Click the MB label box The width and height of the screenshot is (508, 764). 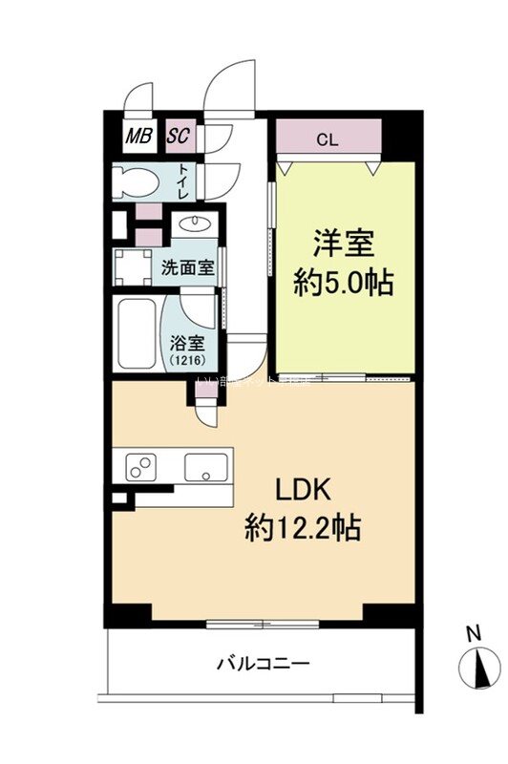tap(139, 137)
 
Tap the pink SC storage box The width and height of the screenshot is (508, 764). tap(178, 137)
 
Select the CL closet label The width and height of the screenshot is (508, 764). tap(328, 139)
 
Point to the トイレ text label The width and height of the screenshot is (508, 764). tap(183, 181)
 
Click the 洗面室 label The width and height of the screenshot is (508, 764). tap(186, 268)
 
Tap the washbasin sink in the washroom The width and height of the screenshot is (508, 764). tap(195, 226)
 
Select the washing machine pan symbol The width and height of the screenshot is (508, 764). tap(132, 267)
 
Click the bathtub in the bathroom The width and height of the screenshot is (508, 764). tap(136, 334)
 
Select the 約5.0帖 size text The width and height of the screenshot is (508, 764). tap(344, 284)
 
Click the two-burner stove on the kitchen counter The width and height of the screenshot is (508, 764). tap(141, 468)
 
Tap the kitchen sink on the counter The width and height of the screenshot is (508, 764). tap(205, 467)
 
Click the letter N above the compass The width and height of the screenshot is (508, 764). tap(474, 632)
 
